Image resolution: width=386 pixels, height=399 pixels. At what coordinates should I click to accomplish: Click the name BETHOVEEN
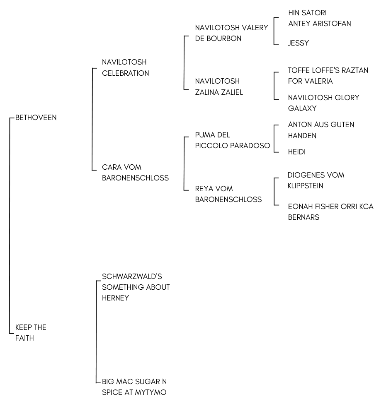tap(36, 118)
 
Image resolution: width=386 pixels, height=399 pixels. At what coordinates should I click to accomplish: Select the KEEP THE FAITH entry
tap(31, 333)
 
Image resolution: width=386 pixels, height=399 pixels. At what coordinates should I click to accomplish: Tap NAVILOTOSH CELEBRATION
tap(126, 68)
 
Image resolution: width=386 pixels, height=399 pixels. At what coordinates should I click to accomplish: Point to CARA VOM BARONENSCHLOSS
tap(136, 173)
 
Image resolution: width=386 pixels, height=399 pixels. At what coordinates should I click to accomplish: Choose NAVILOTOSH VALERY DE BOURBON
tap(231, 33)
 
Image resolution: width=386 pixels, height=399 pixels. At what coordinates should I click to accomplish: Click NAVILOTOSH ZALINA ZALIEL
tap(219, 87)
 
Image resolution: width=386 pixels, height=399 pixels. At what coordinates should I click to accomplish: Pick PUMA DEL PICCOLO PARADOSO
tap(233, 140)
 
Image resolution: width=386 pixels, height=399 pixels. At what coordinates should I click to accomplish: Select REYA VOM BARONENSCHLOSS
tap(228, 194)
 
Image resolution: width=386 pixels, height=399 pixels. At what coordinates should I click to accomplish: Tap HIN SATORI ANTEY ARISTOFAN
tap(320, 18)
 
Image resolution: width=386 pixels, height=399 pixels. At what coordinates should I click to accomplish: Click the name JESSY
tap(298, 43)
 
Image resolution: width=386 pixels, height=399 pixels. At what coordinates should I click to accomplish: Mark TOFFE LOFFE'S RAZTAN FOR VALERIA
tap(328, 76)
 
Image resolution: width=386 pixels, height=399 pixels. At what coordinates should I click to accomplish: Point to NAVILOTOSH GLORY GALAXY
tap(323, 103)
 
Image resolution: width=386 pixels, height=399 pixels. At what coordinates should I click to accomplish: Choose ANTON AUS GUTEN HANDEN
tap(321, 130)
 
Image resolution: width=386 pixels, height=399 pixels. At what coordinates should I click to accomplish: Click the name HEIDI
tap(297, 152)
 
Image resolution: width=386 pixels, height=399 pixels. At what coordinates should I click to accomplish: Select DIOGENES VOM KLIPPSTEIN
tap(316, 180)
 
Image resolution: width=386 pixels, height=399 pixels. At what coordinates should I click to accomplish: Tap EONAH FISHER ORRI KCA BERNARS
tap(331, 212)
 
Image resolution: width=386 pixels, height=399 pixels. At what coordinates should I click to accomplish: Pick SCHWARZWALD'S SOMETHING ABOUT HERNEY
tap(136, 287)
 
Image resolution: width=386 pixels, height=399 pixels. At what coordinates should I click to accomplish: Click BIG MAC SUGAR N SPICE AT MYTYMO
tap(134, 387)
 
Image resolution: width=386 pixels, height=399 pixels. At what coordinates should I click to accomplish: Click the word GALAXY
tap(302, 108)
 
